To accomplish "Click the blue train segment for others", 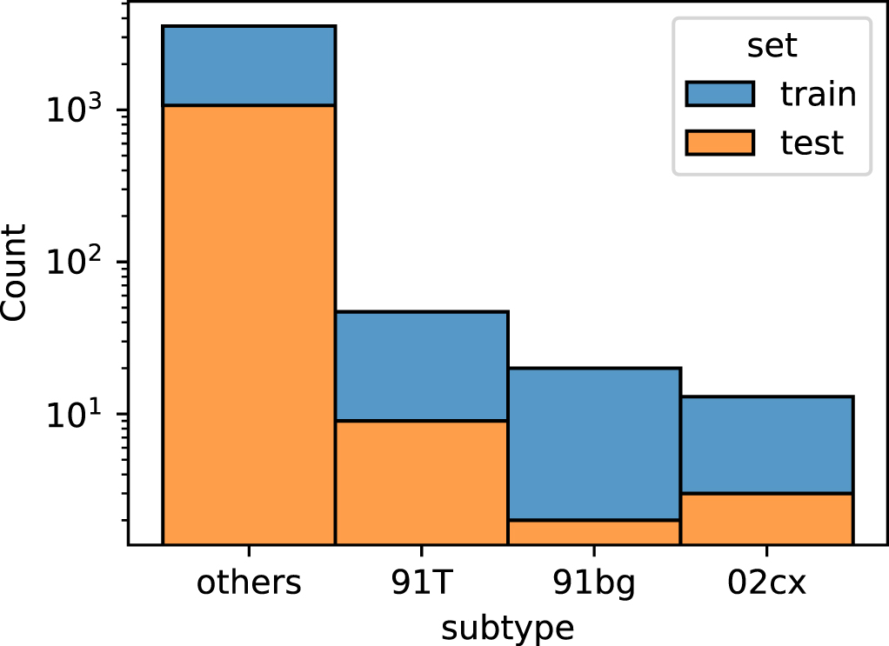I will (x=249, y=66).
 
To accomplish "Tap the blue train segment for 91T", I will (x=421, y=366).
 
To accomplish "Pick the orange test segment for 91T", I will (x=421, y=483).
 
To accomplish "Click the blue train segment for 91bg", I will (x=593, y=443).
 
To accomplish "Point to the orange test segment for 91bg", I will (x=593, y=532).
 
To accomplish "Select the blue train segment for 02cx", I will (x=765, y=445).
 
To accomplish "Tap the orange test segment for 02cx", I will (x=765, y=519).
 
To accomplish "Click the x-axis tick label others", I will (x=249, y=583).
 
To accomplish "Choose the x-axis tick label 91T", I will (x=421, y=583).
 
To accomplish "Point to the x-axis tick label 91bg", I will (x=593, y=583).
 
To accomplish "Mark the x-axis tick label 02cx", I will (x=765, y=583).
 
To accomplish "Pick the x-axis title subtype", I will (x=507, y=626).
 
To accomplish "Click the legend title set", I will (x=771, y=46).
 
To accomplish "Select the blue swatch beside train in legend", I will (x=719, y=94).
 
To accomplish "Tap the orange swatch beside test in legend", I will (x=719, y=142).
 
